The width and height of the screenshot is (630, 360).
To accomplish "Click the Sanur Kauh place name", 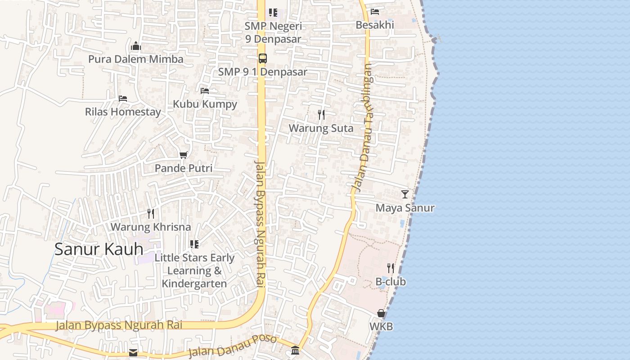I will (99, 249).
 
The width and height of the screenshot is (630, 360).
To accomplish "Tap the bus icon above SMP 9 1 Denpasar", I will (262, 58).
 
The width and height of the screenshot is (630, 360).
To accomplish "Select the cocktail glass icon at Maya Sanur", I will (405, 194).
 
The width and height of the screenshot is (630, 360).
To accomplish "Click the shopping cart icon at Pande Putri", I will (183, 155).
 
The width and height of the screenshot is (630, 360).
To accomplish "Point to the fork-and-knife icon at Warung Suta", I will (321, 115).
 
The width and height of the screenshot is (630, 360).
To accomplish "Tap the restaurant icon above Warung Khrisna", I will (151, 214).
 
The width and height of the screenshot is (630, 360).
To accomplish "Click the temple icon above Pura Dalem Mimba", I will (136, 46).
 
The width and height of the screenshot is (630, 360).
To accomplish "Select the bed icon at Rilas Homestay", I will (123, 99).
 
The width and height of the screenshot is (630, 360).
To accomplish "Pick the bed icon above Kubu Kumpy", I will (205, 91).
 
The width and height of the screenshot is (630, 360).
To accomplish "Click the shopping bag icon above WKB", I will (381, 313).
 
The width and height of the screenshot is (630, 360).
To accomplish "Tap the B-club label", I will (391, 282).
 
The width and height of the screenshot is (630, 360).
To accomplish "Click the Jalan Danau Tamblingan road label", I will (362, 128).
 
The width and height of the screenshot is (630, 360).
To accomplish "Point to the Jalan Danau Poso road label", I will (232, 345).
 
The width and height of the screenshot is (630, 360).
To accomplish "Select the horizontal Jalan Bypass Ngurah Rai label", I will (119, 325).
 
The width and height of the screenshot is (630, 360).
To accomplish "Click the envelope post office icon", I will (133, 352).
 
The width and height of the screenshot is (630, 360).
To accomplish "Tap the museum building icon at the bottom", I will (295, 350).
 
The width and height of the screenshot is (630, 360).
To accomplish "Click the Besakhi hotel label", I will (374, 25).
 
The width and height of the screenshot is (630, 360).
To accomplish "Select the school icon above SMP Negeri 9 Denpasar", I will (273, 13).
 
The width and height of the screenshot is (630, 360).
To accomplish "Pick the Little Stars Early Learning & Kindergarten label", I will (194, 270).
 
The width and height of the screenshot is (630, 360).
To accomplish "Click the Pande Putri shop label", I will (183, 168).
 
